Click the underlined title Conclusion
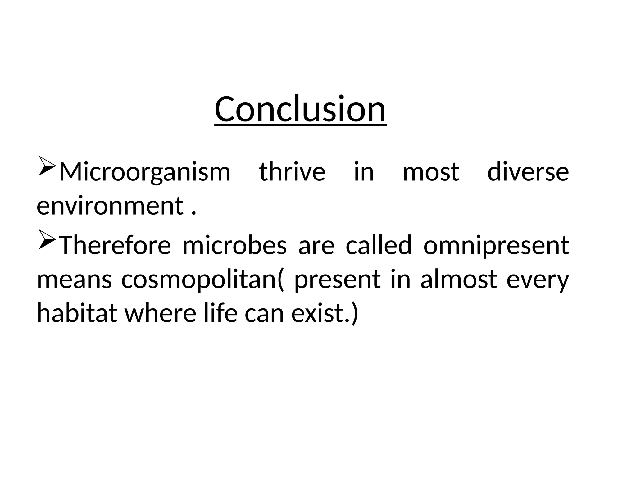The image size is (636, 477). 300,109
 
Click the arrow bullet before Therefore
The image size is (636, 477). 47,239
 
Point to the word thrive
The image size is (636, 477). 292,172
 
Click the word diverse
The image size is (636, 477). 528,172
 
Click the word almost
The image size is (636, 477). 459,279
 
